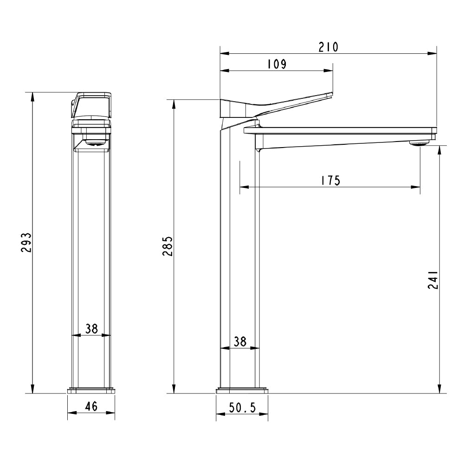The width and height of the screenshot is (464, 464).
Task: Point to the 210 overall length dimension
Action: [x=328, y=47]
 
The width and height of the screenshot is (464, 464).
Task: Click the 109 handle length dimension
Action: [x=277, y=64]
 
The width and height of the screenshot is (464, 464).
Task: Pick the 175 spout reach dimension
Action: [x=330, y=180]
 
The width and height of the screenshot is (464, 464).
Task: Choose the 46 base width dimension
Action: [x=91, y=407]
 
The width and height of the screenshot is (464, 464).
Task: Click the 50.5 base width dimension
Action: [x=242, y=407]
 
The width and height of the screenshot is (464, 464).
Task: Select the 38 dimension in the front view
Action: [x=91, y=329]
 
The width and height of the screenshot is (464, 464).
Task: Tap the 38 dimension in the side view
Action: [x=239, y=342]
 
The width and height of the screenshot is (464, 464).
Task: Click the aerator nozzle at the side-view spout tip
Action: [x=418, y=144]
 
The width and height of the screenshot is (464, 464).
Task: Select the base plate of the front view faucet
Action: [x=91, y=390]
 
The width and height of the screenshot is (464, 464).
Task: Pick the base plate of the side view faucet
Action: [x=242, y=390]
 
